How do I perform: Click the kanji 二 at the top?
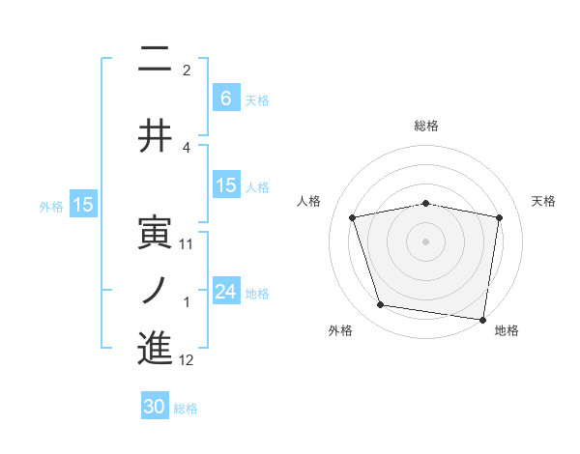[155, 61]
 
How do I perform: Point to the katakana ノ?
[155, 290]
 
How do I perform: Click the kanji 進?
[155, 348]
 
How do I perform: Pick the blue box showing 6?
[225, 98]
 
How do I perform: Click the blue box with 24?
[225, 293]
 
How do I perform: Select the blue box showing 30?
[155, 407]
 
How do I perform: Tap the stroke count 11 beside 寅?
[187, 244]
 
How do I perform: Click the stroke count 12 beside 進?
[187, 360]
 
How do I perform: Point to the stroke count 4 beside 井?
[187, 147]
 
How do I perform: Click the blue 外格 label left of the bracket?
[50, 206]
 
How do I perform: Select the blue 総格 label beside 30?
[186, 409]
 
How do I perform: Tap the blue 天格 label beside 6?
[257, 99]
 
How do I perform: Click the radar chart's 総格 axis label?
[426, 126]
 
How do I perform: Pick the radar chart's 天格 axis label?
[543, 201]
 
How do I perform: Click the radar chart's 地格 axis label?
[507, 330]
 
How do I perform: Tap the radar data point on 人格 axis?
[353, 217]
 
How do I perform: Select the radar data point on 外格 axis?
[381, 305]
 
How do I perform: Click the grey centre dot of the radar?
[426, 241]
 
